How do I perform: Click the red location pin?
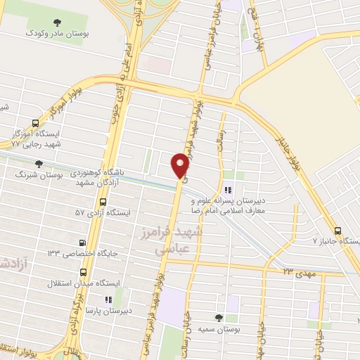tap(180, 165)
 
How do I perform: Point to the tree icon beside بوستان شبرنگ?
tap(39, 164)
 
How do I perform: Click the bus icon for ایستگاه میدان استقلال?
tap(85, 271)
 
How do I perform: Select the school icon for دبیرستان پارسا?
tap(108, 299)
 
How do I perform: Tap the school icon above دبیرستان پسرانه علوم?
tap(227, 190)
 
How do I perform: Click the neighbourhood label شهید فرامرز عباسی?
tap(176, 240)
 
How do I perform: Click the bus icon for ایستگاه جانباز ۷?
tap(337, 230)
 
